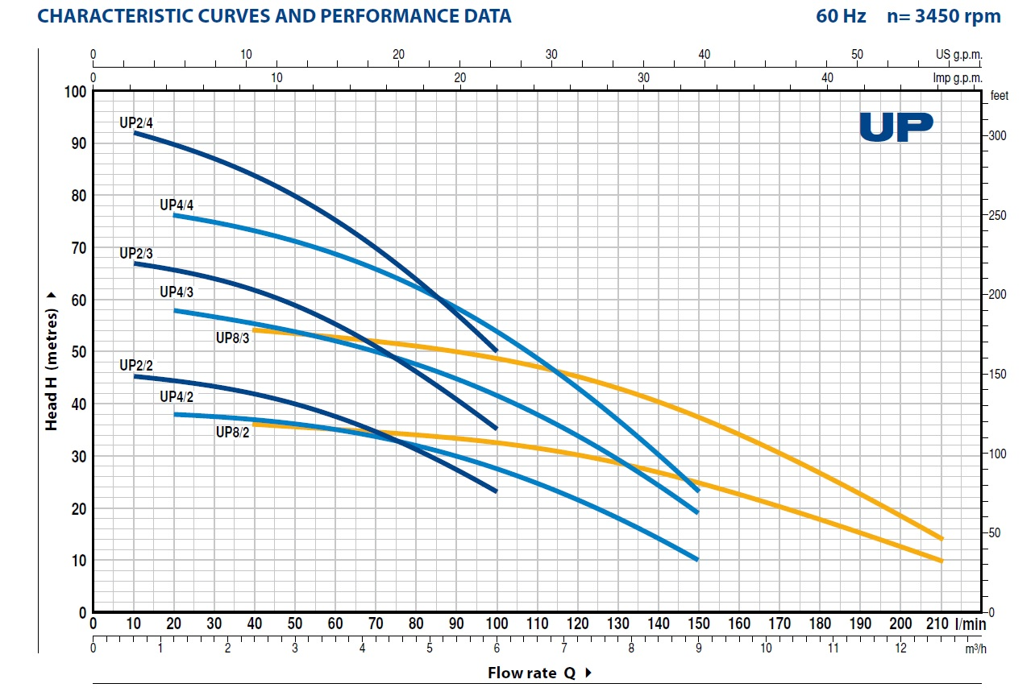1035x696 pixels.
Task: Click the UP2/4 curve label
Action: click(x=136, y=123)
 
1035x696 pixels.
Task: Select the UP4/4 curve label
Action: click(x=177, y=205)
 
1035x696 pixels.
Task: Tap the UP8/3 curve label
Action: click(x=233, y=338)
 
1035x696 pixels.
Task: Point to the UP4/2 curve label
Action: click(x=177, y=396)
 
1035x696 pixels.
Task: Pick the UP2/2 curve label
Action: click(x=136, y=366)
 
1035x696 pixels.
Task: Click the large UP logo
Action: click(x=896, y=127)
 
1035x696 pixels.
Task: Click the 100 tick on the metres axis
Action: click(x=75, y=92)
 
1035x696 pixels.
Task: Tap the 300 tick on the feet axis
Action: click(x=997, y=136)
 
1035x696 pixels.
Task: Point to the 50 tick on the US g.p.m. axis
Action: click(x=857, y=55)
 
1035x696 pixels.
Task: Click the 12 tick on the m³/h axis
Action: click(x=900, y=648)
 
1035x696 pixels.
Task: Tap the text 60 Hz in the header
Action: click(x=841, y=16)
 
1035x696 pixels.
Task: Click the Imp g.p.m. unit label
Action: click(x=958, y=78)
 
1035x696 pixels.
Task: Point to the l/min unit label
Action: click(x=971, y=623)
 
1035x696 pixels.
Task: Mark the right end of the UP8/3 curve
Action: click(x=941, y=538)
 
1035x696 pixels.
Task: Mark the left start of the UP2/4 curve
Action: click(x=135, y=133)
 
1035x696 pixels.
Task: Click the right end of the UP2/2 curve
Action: click(x=496, y=491)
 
